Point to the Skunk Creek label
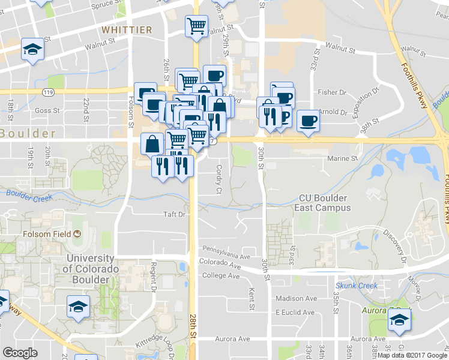click(357, 286)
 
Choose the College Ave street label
click(221, 276)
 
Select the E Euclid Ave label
click(295, 313)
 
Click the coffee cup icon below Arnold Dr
click(308, 121)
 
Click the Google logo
click(20, 353)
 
